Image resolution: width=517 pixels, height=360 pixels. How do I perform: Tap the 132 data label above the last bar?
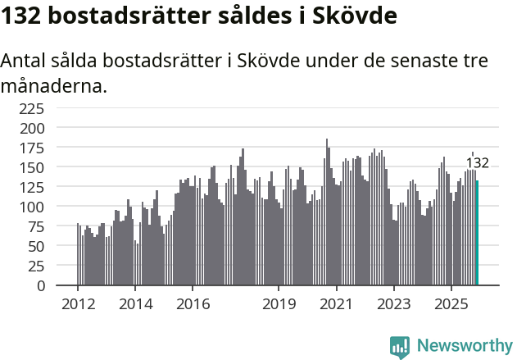[x=478, y=162]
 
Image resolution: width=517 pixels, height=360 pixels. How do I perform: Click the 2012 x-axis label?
[x=78, y=303]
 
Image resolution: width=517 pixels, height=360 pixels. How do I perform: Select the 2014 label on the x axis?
[x=135, y=303]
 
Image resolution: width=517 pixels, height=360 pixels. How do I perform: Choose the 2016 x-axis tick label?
[x=193, y=303]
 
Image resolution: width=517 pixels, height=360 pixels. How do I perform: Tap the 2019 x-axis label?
[x=279, y=303]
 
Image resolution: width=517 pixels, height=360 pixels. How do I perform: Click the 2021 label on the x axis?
[x=336, y=303]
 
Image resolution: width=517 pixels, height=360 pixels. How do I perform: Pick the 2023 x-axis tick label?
[x=393, y=303]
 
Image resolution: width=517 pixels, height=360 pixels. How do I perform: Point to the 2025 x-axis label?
[x=451, y=303]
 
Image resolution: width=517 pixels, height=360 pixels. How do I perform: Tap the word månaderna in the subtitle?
[x=53, y=85]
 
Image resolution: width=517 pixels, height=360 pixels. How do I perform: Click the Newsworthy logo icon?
[x=400, y=347]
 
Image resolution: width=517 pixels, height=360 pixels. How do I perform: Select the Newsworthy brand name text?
[x=465, y=346]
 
